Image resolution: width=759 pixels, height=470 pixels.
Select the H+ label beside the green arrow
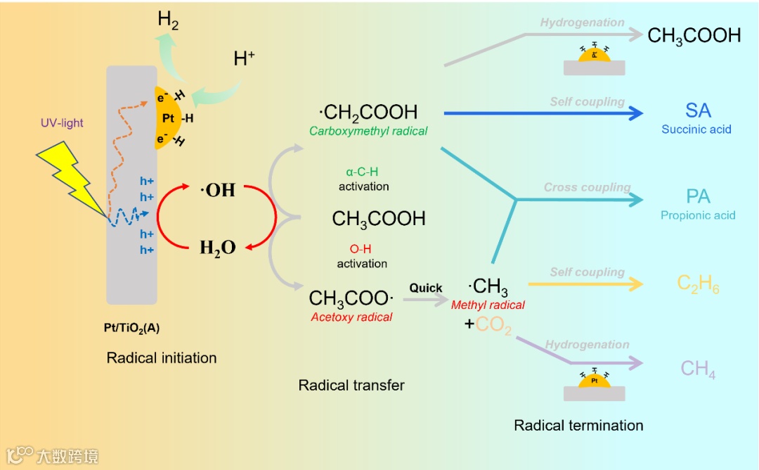244,60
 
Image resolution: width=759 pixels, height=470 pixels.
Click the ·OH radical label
218,190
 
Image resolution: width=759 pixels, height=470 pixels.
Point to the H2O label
217,248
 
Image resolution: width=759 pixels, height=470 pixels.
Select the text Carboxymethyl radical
368,131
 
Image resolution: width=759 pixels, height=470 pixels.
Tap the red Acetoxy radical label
351,317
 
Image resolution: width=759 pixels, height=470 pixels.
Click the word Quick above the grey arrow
426,288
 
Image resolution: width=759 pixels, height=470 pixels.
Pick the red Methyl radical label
488,305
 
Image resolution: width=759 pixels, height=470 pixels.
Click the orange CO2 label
493,326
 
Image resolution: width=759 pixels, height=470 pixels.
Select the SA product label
698,110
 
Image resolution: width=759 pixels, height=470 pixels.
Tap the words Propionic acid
698,215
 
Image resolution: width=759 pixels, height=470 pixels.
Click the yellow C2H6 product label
698,284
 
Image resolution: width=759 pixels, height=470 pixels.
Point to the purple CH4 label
698,369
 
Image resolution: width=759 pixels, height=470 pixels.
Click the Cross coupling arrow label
587,188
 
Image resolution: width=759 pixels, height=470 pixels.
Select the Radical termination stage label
578,425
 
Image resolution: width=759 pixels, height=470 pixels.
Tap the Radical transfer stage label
351,385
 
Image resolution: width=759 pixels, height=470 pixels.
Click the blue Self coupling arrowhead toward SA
635,113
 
